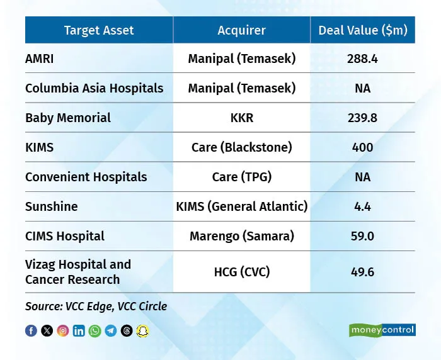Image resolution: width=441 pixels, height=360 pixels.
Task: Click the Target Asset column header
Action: point(99,30)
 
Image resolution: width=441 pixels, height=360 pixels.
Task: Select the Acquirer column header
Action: point(241,30)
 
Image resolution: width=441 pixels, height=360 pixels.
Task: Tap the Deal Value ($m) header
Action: point(362,30)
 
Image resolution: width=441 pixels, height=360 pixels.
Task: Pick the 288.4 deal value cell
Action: point(362,59)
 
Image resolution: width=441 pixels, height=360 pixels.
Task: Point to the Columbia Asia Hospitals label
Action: point(94,88)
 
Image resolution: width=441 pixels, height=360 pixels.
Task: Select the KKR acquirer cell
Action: point(241,118)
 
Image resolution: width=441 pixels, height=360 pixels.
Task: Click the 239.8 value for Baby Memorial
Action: point(362,118)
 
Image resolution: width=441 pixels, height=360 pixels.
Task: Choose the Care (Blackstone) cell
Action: point(241,147)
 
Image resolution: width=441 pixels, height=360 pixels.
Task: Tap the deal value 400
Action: point(362,147)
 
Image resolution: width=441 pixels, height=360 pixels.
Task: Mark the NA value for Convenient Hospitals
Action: point(362,177)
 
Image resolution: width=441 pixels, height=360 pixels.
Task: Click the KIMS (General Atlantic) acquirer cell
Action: point(241,206)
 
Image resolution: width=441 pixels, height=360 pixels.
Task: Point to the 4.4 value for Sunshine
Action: point(362,206)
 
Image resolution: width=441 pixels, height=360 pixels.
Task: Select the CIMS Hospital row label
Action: point(65,236)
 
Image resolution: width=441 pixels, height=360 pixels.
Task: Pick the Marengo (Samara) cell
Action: point(241,236)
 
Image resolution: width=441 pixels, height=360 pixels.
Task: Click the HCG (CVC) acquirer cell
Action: point(241,272)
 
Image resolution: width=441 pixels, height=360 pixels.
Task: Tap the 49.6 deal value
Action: point(362,272)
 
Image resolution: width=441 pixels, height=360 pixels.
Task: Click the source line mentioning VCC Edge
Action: point(96,307)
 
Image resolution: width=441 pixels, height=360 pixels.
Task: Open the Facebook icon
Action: point(31,330)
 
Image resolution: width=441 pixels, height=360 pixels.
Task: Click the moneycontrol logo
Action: point(382,330)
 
